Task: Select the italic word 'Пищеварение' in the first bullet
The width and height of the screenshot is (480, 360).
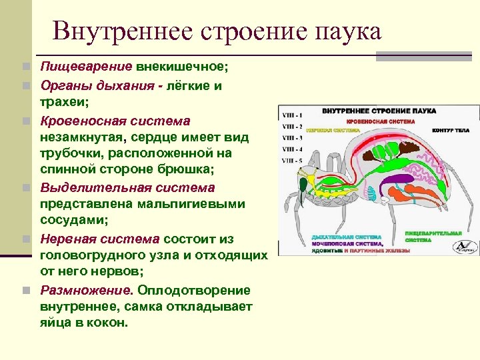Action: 87,67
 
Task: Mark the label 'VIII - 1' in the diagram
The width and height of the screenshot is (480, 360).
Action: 291,115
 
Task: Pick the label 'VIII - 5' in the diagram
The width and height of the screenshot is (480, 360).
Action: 291,161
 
